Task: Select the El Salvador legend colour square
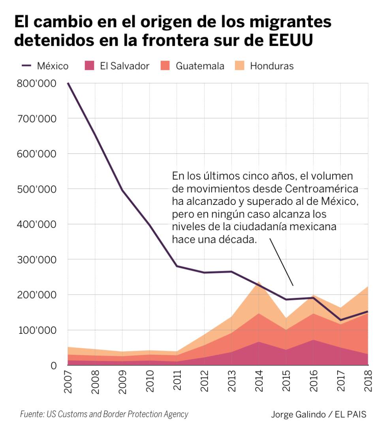[x=89, y=66]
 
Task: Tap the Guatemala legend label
[x=200, y=66]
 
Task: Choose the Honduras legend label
[x=272, y=66]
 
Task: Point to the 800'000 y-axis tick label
[x=36, y=83]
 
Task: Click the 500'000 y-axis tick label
[x=36, y=189]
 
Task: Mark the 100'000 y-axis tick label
[x=36, y=330]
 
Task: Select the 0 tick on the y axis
[x=53, y=365]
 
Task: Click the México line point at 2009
[x=122, y=190]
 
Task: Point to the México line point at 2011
[x=177, y=266]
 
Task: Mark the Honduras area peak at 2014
[x=259, y=282]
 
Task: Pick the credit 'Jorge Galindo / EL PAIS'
[x=319, y=415]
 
